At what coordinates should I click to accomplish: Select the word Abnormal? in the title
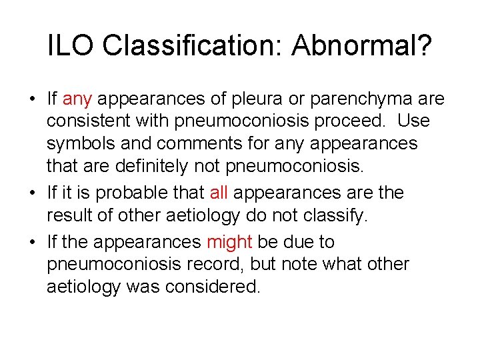[x=362, y=45]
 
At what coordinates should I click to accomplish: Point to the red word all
[x=219, y=193]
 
